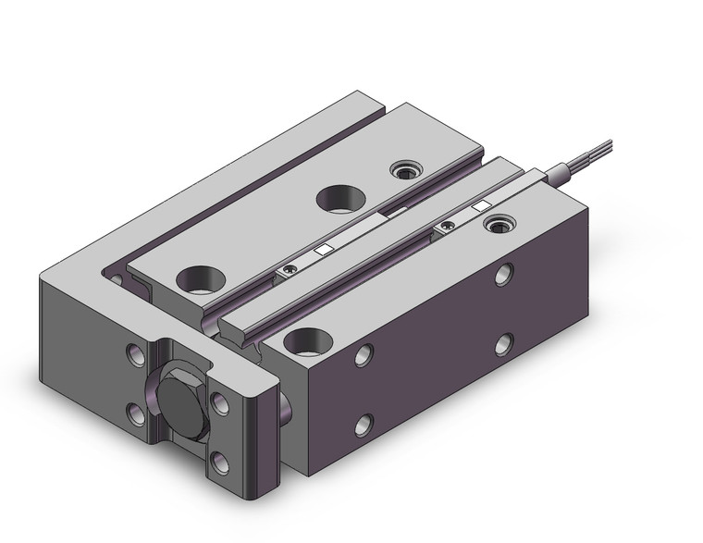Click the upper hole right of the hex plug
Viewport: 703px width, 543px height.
[x=221, y=401]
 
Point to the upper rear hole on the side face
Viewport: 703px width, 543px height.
[x=503, y=274]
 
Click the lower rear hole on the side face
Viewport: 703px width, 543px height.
[x=503, y=344]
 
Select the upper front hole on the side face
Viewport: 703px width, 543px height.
[x=364, y=353]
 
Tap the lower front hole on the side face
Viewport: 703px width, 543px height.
[x=364, y=425]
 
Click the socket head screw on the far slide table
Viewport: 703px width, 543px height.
[x=403, y=169]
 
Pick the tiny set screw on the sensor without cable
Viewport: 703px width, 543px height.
[x=290, y=269]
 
